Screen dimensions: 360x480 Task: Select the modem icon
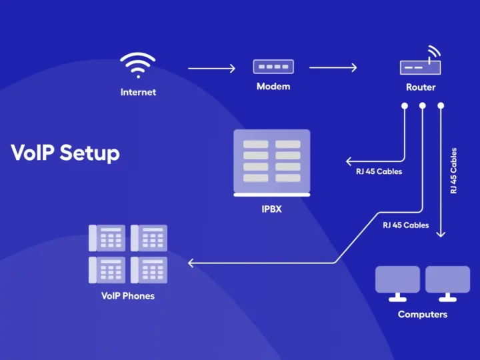click(273, 67)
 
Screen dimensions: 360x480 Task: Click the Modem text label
click(273, 87)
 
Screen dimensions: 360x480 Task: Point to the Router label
click(421, 87)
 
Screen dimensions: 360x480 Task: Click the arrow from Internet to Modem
click(212, 68)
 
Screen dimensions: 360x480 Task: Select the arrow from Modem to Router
click(333, 67)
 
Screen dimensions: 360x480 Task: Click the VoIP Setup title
click(65, 153)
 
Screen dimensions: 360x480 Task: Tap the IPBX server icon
click(271, 162)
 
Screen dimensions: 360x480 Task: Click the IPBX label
click(271, 209)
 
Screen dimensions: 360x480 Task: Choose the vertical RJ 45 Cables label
click(454, 171)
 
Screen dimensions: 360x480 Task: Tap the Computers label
click(423, 314)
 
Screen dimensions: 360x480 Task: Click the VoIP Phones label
click(127, 295)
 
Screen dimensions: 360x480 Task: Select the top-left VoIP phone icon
click(107, 238)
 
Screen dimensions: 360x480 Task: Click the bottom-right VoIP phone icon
click(149, 270)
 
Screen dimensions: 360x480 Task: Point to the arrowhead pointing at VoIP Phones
click(191, 263)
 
